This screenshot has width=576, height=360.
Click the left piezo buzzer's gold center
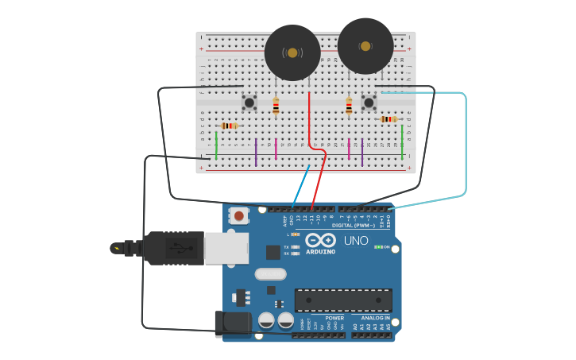[292, 53]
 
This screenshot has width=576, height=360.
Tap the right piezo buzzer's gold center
[365, 46]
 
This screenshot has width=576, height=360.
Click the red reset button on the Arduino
[238, 215]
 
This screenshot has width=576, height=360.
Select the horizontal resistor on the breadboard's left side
[230, 126]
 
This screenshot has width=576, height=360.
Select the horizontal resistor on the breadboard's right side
[389, 119]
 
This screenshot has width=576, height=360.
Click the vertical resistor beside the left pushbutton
[276, 106]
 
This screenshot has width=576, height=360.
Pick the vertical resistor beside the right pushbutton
[349, 106]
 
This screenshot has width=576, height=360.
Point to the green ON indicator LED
[378, 247]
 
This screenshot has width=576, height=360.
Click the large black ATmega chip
[343, 300]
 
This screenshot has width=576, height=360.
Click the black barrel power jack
[234, 323]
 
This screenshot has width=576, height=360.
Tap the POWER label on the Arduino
[334, 318]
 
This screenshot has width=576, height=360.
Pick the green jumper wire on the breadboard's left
[216, 145]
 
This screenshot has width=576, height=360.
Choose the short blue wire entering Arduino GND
[300, 184]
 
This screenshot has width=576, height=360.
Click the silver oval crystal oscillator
[270, 274]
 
